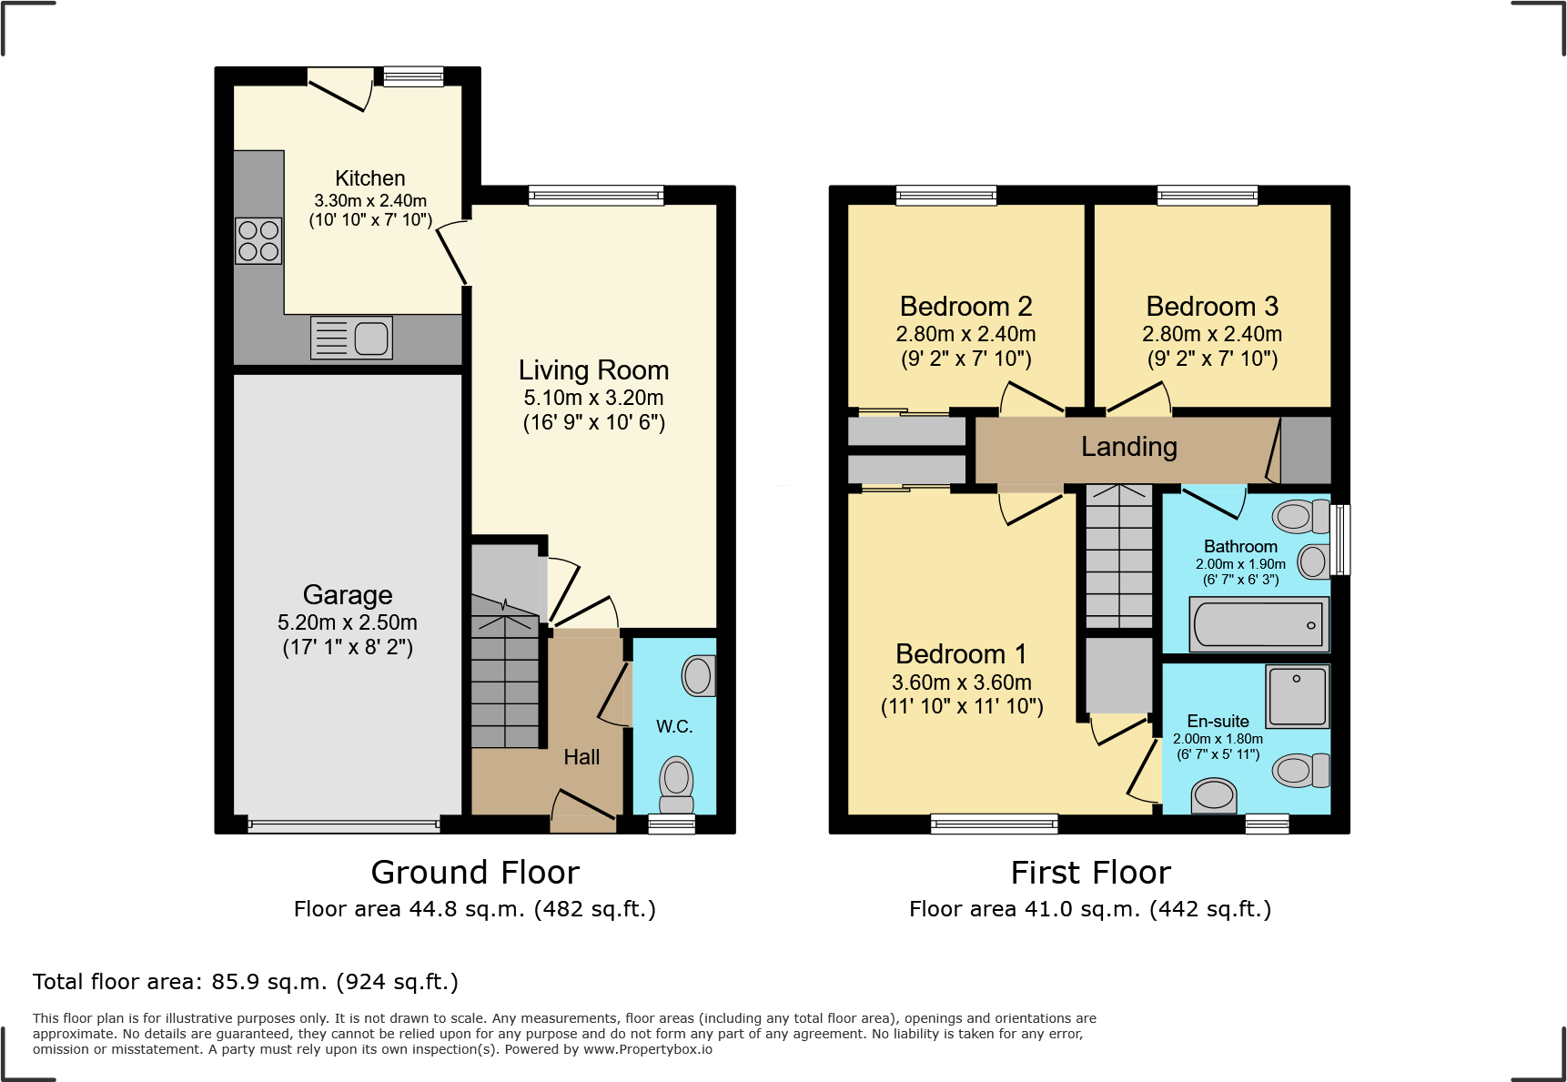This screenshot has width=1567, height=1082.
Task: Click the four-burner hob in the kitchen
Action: [258, 241]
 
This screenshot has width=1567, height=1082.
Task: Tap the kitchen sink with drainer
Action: [351, 338]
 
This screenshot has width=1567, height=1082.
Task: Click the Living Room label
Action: [593, 370]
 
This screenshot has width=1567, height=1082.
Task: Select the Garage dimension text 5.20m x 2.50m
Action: [348, 622]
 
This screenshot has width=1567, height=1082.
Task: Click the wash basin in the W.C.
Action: [698, 676]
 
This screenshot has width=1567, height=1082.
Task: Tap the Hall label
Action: [581, 757]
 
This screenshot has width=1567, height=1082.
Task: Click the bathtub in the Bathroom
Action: [1259, 625]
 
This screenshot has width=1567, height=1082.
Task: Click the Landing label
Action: [1128, 447]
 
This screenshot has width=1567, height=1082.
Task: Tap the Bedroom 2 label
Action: [965, 307]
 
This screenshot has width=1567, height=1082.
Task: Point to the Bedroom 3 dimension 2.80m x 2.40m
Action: [1212, 334]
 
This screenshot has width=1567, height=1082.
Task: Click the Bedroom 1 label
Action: [961, 654]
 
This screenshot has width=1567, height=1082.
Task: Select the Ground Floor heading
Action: [475, 873]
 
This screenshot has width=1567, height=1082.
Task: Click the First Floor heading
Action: [1090, 873]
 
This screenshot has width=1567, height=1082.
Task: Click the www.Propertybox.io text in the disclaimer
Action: [647, 1049]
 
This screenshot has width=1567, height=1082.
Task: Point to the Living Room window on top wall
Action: [596, 195]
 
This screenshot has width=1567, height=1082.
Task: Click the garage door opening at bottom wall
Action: [344, 825]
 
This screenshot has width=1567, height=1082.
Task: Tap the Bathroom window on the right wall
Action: [1340, 540]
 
